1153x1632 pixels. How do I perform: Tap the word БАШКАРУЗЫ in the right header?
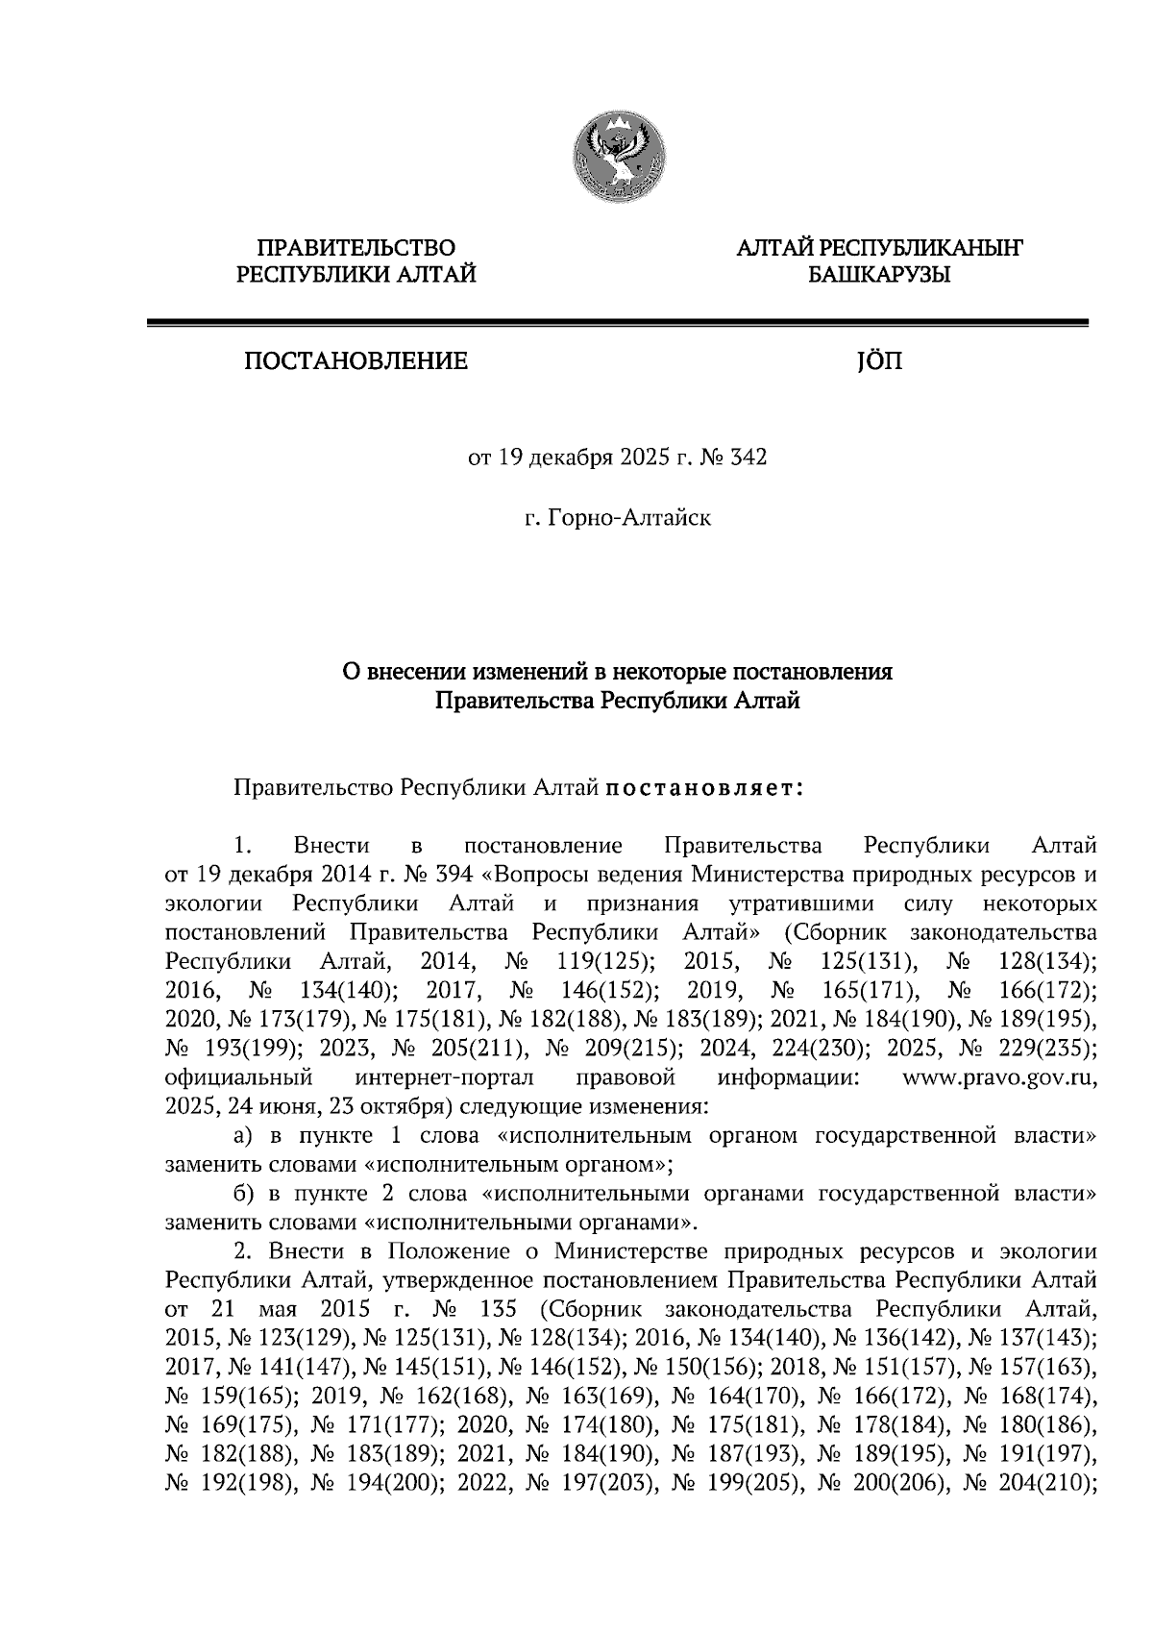(x=878, y=277)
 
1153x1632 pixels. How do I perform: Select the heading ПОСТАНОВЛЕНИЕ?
(x=356, y=362)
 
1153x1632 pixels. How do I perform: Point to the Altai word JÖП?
(x=878, y=362)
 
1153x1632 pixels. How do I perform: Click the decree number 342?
(x=749, y=458)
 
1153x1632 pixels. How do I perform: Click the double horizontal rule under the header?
(x=617, y=324)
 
